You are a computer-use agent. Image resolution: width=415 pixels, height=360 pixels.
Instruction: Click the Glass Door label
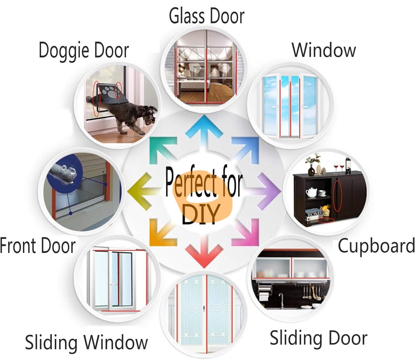point(207,17)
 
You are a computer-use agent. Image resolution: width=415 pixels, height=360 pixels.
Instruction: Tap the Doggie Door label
point(84,51)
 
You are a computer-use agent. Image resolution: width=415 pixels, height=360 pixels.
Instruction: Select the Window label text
point(324,50)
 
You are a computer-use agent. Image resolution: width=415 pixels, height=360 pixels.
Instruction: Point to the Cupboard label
point(376,247)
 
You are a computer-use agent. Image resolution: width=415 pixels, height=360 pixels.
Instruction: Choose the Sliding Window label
point(86,343)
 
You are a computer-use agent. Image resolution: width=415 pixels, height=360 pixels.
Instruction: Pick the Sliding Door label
point(318,338)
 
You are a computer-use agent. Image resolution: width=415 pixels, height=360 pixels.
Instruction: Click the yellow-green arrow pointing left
point(143,191)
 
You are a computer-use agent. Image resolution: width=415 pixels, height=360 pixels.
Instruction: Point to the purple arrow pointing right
point(266,191)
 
